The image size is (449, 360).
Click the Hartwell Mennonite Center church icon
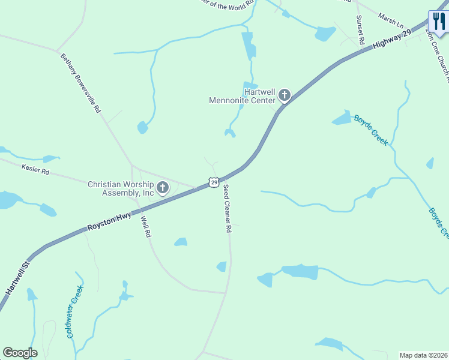[x=283, y=95]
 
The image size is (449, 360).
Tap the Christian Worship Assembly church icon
[x=162, y=189]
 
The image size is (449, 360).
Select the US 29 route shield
[x=214, y=182]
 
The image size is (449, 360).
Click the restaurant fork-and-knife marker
[x=438, y=22]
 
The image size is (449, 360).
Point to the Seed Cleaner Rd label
[x=227, y=209]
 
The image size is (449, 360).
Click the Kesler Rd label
[x=35, y=170]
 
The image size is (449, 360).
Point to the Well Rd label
[x=144, y=227]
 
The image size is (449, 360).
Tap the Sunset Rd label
[x=361, y=31]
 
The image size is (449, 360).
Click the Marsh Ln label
[x=391, y=21]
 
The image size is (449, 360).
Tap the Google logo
[x=20, y=353]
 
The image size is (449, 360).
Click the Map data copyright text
[x=424, y=355]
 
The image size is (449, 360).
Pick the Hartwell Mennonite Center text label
[x=242, y=96]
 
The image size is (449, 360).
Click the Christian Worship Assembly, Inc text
[x=121, y=189]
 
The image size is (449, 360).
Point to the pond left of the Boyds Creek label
[x=342, y=118]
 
